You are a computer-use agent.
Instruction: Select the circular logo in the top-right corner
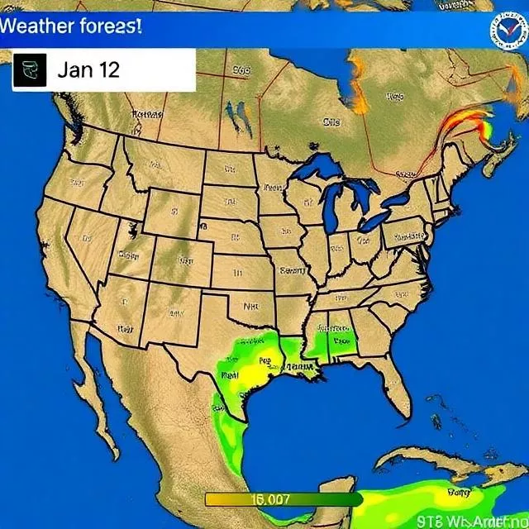pos(506,32)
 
